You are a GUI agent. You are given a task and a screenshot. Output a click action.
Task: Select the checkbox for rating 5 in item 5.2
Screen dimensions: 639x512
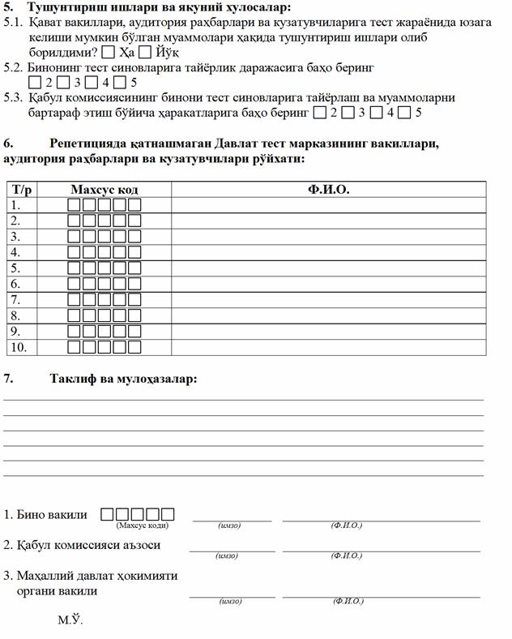[119, 83]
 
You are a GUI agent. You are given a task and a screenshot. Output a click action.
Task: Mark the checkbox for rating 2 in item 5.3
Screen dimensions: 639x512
[320, 112]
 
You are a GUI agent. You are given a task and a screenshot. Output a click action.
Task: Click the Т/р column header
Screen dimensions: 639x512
[22, 190]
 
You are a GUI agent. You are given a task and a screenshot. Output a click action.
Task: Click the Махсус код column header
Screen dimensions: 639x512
[104, 190]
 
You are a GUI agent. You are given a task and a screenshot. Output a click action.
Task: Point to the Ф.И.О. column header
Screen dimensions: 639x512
[328, 190]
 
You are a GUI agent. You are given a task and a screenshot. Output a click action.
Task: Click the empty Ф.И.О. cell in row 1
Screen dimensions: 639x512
[328, 205]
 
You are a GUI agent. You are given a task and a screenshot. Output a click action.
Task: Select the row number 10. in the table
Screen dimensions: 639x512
[18, 347]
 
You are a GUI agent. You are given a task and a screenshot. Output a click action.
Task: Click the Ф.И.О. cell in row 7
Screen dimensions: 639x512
[328, 300]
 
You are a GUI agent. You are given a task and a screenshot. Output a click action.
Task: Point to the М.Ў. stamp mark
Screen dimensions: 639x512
[70, 621]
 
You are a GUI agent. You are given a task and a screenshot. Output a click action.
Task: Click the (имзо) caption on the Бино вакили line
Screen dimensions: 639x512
[230, 526]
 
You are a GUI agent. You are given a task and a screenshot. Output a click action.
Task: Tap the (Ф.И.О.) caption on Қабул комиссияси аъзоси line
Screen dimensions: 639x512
[347, 556]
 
